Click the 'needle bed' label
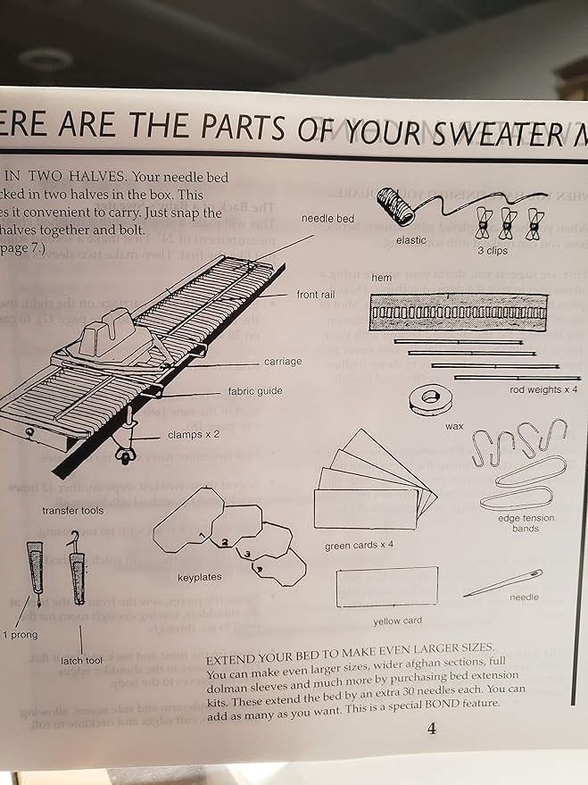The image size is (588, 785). [x=327, y=219]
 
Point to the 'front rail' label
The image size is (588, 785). [x=315, y=294]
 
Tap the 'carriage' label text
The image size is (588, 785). [x=285, y=363]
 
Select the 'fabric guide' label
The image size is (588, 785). [x=254, y=392]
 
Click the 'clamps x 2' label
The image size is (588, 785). [x=194, y=436]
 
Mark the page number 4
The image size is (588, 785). [x=431, y=728]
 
